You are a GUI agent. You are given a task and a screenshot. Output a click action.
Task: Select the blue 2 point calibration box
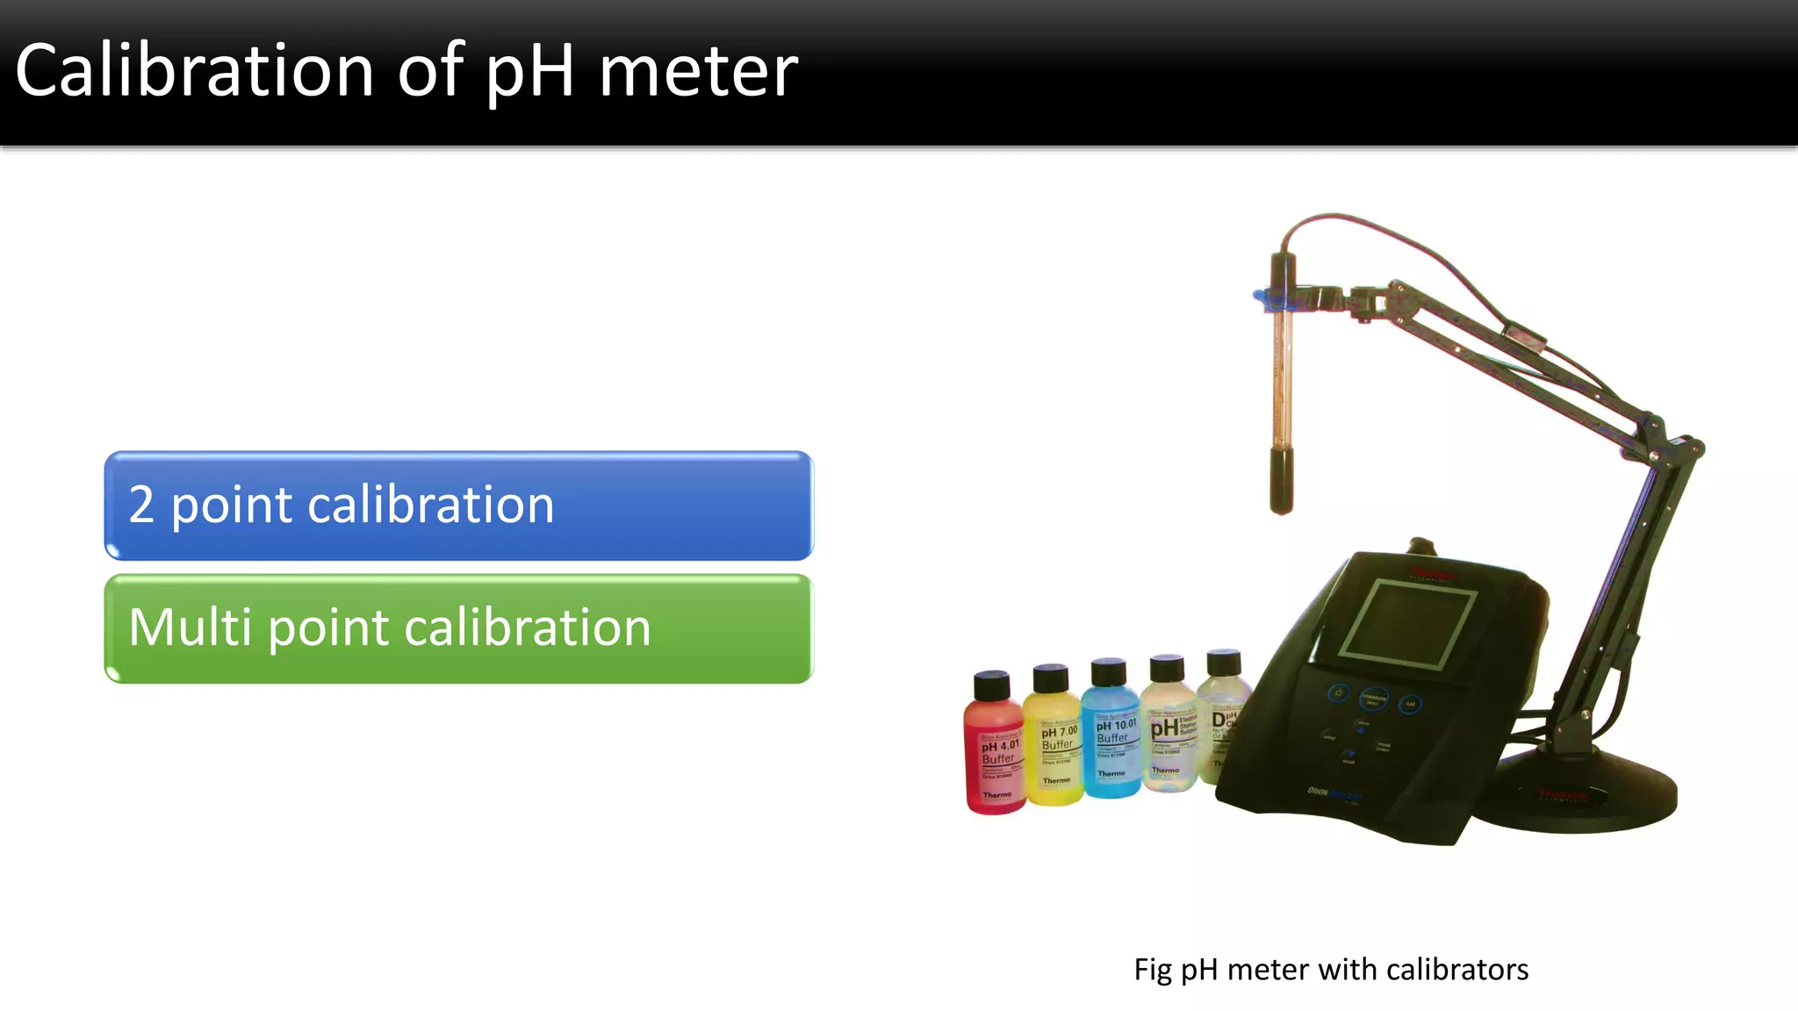(x=458, y=505)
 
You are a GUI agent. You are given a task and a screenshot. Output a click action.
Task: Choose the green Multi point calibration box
(x=458, y=628)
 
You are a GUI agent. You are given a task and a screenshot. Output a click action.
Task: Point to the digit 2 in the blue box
(x=141, y=505)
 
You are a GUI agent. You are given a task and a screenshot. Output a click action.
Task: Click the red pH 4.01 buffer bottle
(x=995, y=755)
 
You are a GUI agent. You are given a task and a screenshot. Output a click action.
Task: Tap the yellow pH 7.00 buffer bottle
(x=1054, y=746)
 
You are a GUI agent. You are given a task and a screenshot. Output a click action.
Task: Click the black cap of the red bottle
(x=992, y=685)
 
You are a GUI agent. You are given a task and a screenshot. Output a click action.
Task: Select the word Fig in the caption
(x=1152, y=970)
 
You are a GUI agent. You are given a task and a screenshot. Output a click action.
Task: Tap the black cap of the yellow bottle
(x=1050, y=678)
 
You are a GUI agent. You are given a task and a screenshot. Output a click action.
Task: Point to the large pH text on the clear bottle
(x=1164, y=728)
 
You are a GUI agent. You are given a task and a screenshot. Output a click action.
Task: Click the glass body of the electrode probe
(x=1281, y=377)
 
